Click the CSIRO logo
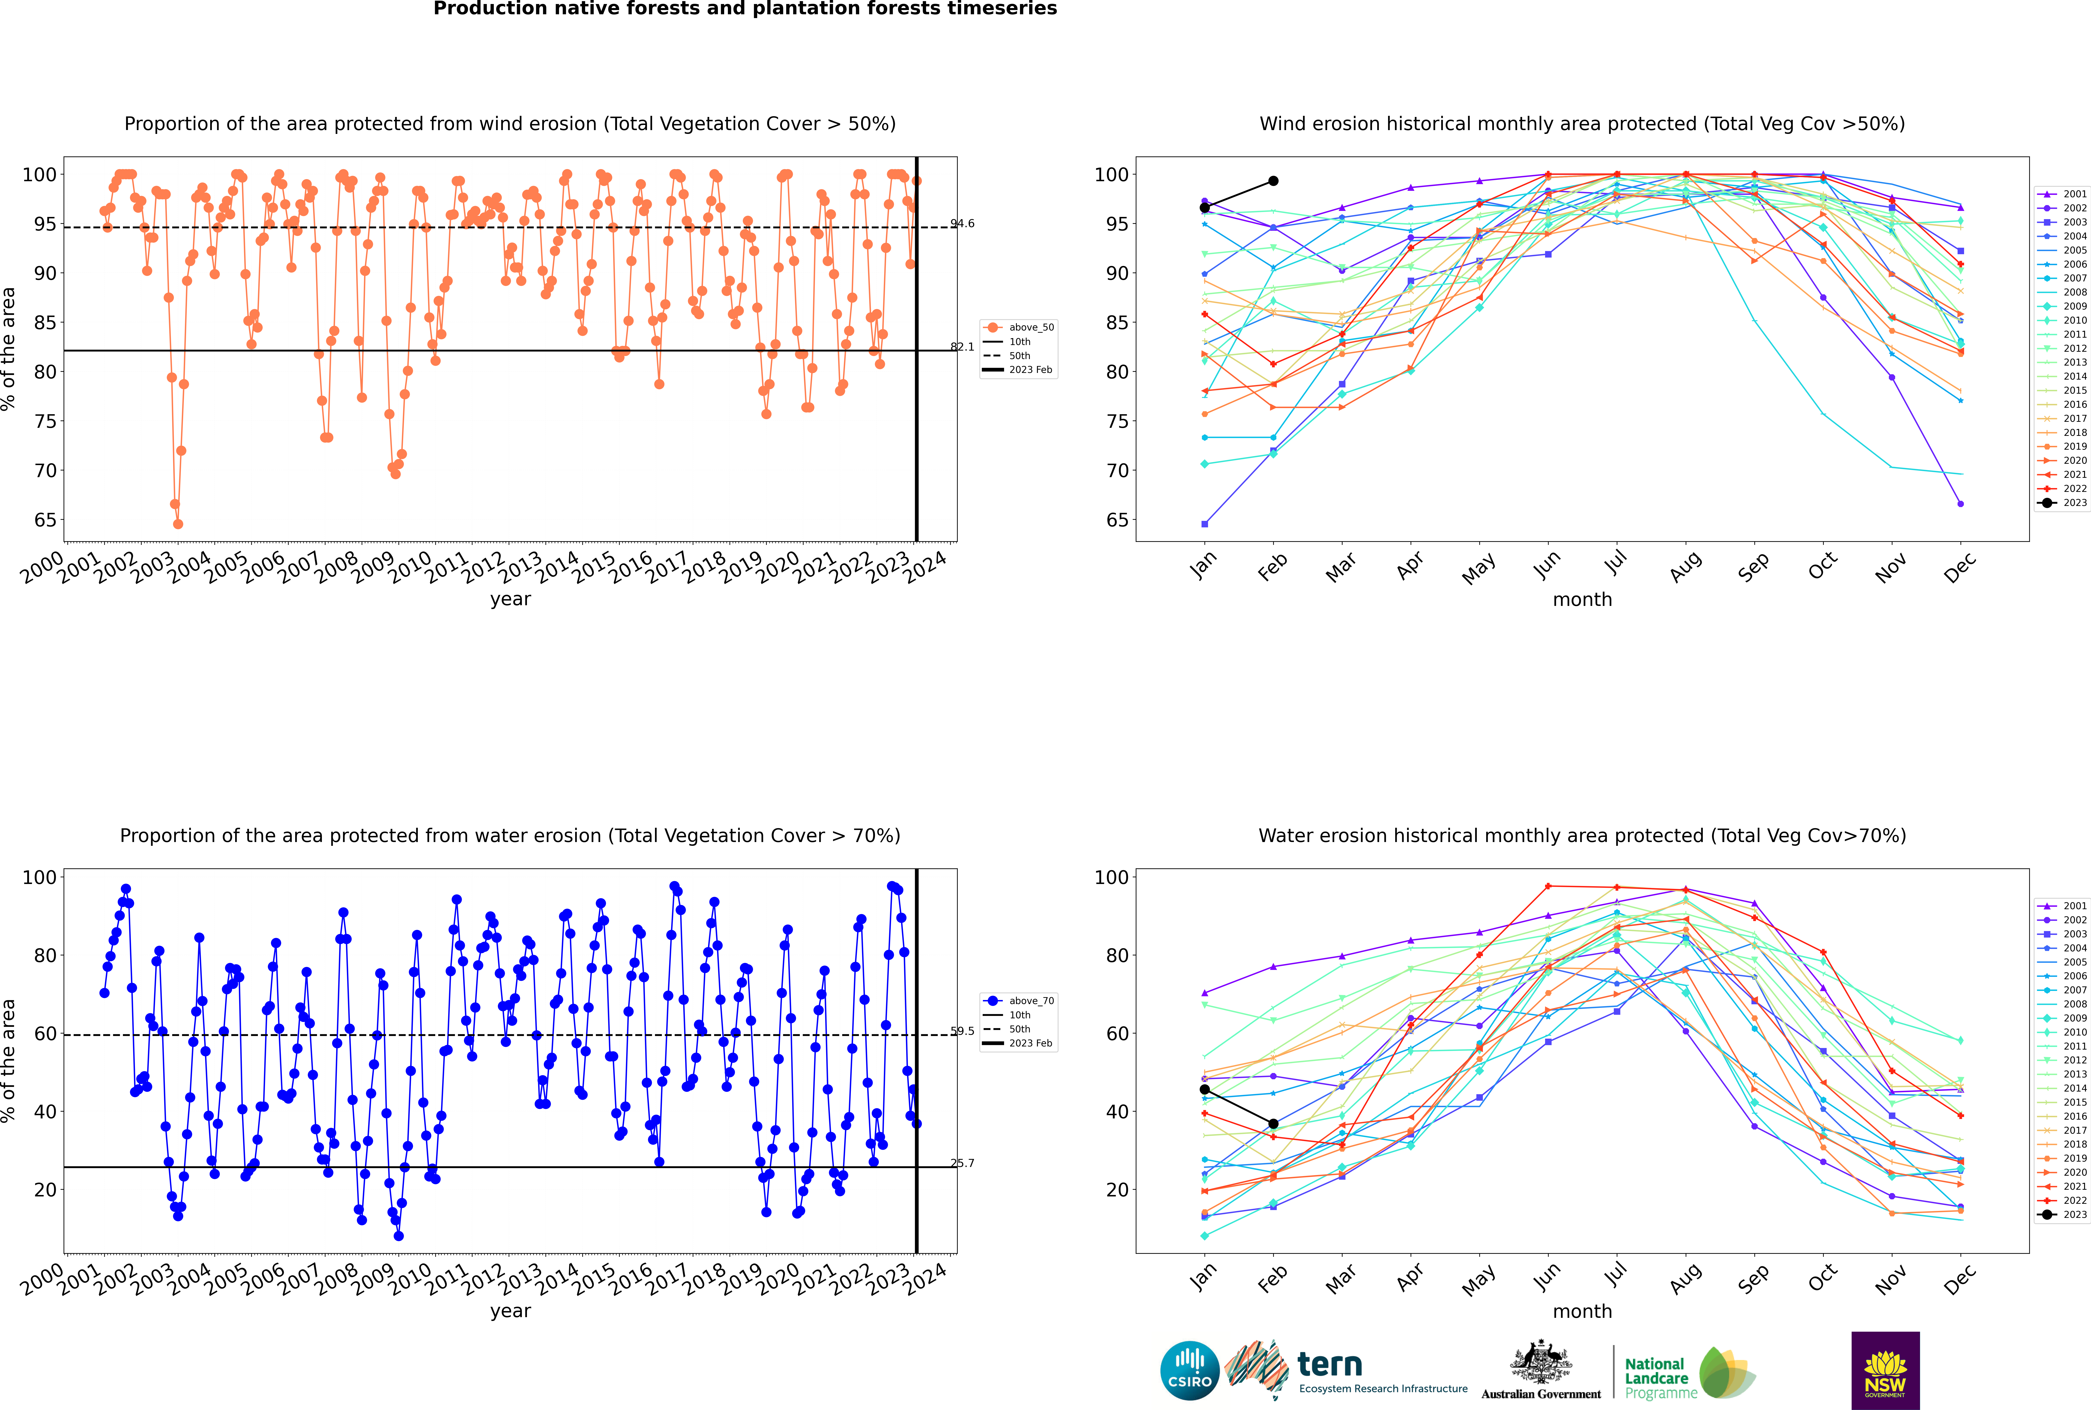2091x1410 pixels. pos(1189,1370)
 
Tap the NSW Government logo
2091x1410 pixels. pos(1885,1370)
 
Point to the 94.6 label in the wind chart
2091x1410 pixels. pos(962,224)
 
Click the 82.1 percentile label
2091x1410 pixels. pos(962,347)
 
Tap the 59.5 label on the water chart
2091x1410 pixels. pos(962,1032)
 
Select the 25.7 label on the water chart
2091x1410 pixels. pos(962,1164)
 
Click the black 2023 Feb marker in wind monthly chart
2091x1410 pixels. pos(1273,181)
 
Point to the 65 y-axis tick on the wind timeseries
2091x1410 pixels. pos(45,520)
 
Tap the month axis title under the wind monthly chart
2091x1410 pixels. pos(1582,600)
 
